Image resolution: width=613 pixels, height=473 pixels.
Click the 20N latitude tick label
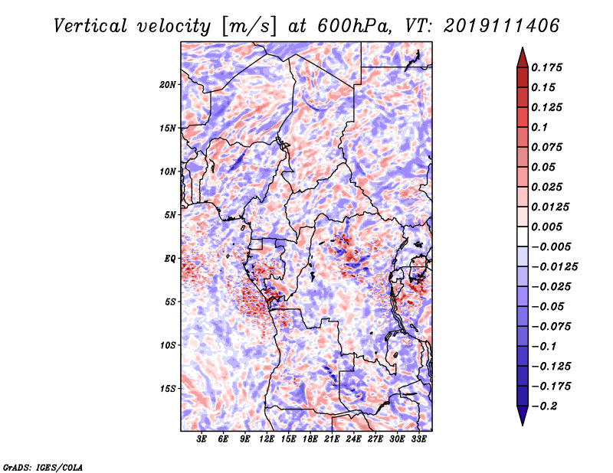tap(168, 85)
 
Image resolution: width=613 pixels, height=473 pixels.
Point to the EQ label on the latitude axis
tap(170, 259)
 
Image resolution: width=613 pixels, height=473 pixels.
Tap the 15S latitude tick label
tap(168, 389)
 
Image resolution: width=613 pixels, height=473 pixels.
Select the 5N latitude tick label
tap(170, 215)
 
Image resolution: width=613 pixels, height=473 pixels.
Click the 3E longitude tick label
tap(202, 439)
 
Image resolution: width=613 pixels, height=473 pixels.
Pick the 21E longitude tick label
tap(332, 439)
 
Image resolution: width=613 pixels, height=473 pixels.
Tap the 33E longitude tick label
tap(418, 439)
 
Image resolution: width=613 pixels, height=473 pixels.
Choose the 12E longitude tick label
tap(266, 439)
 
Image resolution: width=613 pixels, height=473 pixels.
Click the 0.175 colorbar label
tap(546, 67)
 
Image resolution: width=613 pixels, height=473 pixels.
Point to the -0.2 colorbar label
tap(544, 406)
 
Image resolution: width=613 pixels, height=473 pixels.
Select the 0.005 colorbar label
tap(546, 227)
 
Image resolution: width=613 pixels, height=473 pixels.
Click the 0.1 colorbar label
tap(539, 127)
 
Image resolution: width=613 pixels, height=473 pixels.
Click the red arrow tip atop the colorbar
tap(523, 48)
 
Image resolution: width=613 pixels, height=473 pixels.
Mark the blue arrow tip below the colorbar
tap(523, 425)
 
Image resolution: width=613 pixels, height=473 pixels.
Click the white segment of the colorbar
tap(523, 236)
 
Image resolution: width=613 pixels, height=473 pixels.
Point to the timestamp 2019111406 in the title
tap(502, 26)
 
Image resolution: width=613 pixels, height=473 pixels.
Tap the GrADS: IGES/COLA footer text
tap(43, 467)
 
